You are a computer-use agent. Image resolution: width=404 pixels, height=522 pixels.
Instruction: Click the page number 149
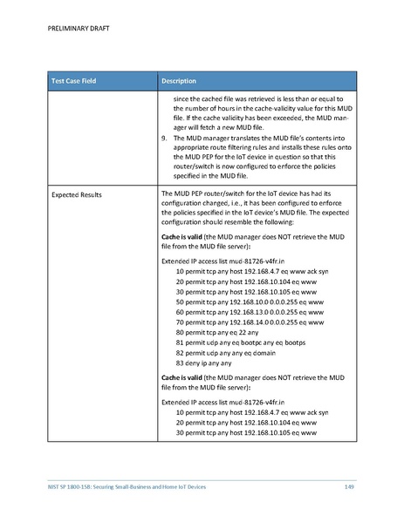[348, 485]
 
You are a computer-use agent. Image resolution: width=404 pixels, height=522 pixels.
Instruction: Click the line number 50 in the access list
[180, 301]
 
